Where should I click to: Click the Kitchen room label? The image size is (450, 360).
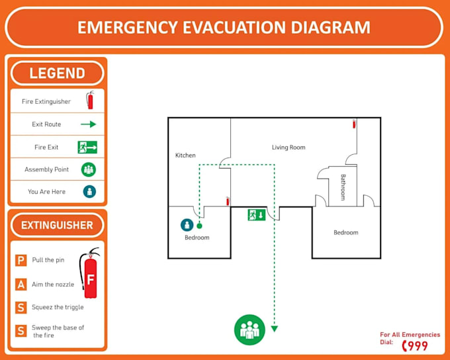click(185, 156)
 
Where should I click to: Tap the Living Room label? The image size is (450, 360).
click(289, 148)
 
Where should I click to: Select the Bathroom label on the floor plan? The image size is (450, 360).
click(343, 187)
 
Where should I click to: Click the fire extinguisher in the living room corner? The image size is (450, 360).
click(354, 124)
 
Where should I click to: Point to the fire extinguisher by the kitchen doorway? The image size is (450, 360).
click(228, 201)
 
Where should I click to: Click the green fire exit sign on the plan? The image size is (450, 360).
click(257, 214)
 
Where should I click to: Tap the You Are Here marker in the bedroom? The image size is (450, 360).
click(187, 225)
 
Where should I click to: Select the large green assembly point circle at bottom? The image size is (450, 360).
click(249, 329)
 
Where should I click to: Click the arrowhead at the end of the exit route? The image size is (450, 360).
click(275, 328)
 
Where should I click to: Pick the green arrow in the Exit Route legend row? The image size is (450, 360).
click(89, 124)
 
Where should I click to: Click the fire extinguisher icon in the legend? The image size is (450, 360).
click(89, 101)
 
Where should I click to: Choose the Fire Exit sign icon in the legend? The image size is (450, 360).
click(87, 147)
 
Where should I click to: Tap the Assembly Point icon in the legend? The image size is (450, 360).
click(89, 169)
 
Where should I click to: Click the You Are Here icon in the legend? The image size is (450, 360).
click(89, 192)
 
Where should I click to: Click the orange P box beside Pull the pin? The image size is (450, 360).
click(21, 260)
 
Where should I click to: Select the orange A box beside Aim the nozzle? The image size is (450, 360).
click(21, 285)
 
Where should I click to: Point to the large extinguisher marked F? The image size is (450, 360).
click(89, 273)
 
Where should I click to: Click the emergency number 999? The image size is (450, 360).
click(416, 345)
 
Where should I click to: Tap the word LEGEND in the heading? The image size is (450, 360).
click(57, 73)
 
